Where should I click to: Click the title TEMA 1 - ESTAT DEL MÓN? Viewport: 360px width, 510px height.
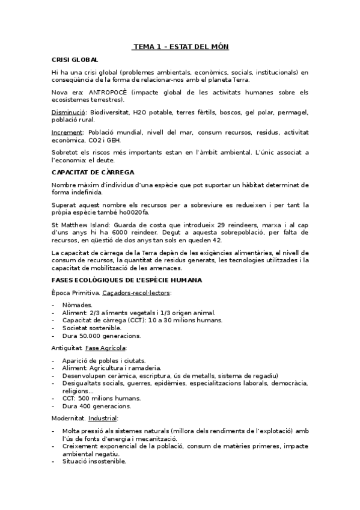click(x=180, y=46)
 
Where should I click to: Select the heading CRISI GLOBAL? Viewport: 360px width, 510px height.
click(x=75, y=60)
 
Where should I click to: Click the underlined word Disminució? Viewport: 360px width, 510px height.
click(x=68, y=112)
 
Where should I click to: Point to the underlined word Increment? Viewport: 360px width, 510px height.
click(x=67, y=132)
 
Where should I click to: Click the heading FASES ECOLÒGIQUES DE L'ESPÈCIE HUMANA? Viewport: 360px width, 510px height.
click(x=127, y=280)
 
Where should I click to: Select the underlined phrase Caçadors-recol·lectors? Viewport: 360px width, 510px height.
click(x=137, y=292)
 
